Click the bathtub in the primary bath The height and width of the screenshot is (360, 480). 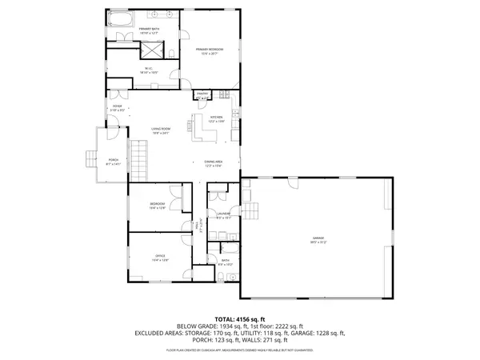pos(122,20)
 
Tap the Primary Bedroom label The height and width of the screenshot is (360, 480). pos(210,50)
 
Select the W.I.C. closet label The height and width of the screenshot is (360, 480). pos(149,69)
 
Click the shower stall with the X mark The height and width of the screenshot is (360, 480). pos(171,51)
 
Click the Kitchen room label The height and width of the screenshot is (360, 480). pos(215,118)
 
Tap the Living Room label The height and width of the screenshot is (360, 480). pos(162,129)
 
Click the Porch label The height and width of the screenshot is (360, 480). pos(114,162)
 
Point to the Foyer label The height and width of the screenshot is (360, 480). pos(117,108)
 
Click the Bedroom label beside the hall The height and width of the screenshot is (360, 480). pos(157,205)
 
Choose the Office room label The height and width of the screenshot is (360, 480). pos(160,256)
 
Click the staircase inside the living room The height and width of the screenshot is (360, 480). pos(141,158)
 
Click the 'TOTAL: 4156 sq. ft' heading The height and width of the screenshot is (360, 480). pos(240,318)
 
